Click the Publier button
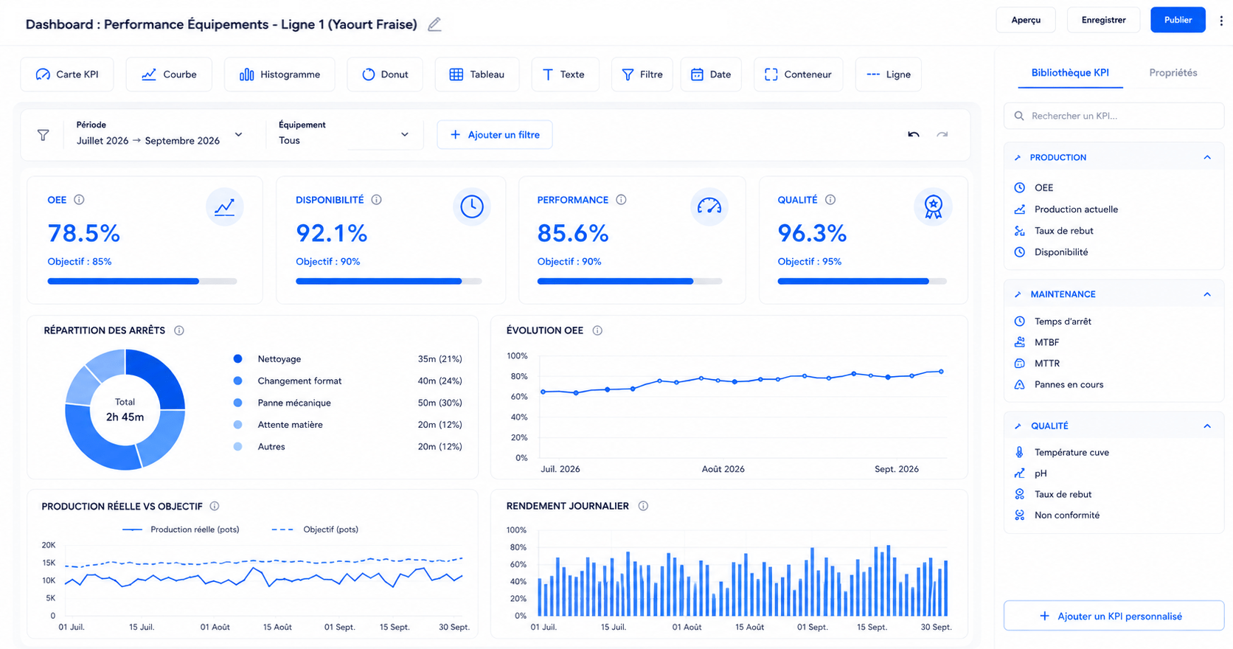pos(1178,20)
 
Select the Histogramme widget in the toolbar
pos(279,74)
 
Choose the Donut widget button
pos(385,74)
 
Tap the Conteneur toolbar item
pos(798,74)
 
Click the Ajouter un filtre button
pos(494,135)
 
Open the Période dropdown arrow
pos(238,135)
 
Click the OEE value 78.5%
pos(83,233)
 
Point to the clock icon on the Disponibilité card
pos(472,207)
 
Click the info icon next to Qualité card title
pos(830,200)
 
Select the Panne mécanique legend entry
pos(294,403)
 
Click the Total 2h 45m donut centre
pos(125,410)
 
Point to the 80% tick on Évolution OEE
pos(519,377)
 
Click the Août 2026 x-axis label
pos(723,469)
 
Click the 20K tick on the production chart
pos(49,546)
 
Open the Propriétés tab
pos(1173,73)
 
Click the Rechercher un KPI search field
pos(1114,116)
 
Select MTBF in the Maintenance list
pos(1046,342)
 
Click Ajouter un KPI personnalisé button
pos(1114,616)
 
